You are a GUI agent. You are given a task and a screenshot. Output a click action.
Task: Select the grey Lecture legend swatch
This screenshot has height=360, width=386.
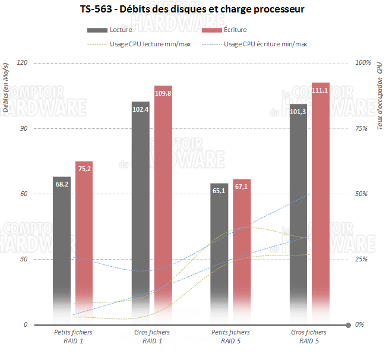pos(97,30)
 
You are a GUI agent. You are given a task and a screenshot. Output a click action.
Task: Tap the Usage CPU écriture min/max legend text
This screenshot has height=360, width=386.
pos(265,43)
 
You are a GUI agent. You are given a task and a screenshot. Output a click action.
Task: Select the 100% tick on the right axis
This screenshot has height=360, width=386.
pos(362,63)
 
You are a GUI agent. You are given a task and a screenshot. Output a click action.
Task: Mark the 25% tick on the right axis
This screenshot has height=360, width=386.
pos(360,260)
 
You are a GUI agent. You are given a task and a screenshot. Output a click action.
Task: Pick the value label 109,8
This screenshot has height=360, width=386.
pos(163,94)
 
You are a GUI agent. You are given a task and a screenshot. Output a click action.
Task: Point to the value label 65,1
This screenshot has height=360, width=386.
pos(219,191)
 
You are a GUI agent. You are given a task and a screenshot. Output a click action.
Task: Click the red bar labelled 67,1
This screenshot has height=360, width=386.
pos(242,250)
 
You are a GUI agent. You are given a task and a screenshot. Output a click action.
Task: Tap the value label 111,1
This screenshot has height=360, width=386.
pos(321,90)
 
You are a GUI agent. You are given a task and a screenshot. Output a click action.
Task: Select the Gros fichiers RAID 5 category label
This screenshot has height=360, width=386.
pos(309,337)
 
